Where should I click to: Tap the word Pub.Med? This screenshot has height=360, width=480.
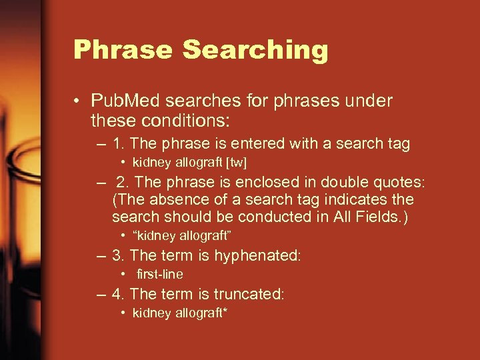126,101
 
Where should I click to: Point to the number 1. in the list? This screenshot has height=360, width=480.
119,143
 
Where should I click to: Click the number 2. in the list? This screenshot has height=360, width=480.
124,183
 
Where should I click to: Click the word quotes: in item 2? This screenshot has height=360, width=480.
402,183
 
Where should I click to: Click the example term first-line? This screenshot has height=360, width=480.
160,274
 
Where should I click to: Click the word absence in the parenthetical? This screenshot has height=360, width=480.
168,200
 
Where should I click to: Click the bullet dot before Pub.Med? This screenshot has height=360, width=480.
79,102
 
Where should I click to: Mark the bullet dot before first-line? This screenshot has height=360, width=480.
125,275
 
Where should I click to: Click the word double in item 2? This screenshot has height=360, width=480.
343,183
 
